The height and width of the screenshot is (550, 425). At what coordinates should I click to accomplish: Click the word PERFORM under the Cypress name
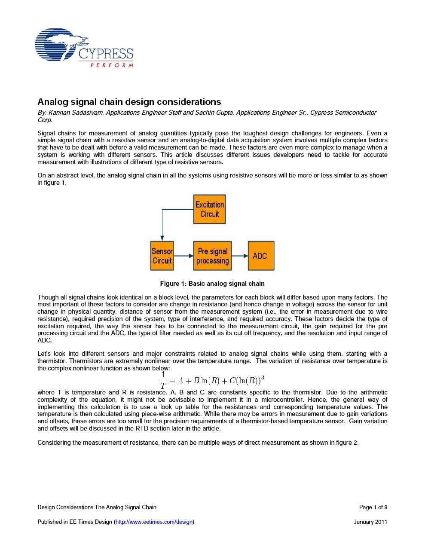coord(112,65)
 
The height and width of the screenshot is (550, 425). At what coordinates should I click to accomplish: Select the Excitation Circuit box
coord(210,209)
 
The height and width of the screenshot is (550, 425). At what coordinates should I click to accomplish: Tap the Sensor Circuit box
coord(162,256)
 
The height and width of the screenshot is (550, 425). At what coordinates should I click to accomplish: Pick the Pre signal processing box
coord(212,256)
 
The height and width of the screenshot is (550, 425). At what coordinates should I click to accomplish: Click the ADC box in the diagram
coord(261,256)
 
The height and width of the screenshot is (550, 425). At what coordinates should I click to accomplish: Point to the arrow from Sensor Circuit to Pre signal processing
coord(183,256)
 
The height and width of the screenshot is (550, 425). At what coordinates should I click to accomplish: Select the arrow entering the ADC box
coord(240,256)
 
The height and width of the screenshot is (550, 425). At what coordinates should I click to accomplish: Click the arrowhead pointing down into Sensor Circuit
coord(162,238)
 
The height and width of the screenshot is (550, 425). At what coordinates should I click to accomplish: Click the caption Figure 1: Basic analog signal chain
coord(212,284)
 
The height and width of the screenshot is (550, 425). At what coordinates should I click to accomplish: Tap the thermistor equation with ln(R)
coord(212,380)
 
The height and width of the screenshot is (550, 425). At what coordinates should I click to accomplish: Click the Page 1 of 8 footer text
coord(373,507)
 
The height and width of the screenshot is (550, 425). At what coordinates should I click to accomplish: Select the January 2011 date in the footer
coord(370,522)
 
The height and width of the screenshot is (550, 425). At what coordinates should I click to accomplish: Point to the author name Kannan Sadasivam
coord(76,113)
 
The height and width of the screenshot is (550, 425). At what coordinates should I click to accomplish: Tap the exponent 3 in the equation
coord(263,377)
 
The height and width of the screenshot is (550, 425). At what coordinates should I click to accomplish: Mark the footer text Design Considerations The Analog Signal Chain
coord(97,507)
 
